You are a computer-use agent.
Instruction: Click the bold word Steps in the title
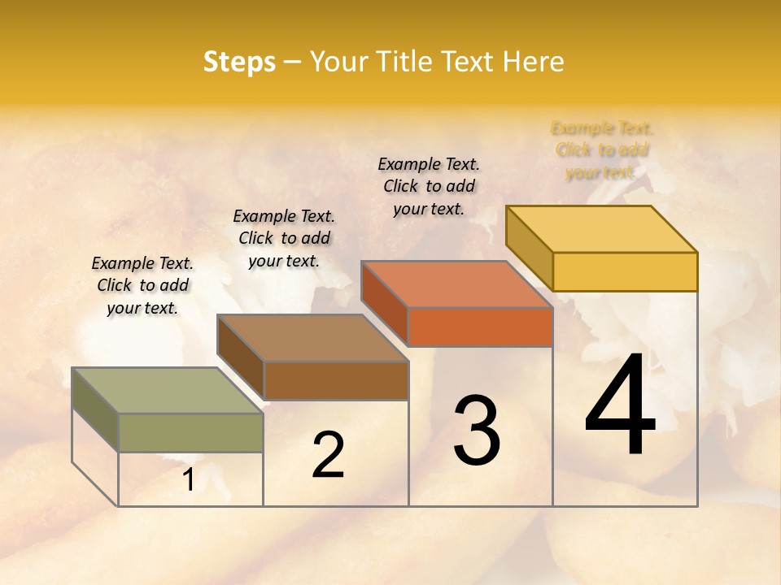click(239, 62)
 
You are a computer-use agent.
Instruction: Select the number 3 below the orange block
click(476, 430)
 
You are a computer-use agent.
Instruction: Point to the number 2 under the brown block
click(328, 455)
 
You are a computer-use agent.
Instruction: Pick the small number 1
click(188, 480)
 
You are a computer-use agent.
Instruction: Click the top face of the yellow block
click(601, 228)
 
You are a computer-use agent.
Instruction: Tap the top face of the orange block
click(456, 284)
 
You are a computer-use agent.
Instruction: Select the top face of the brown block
click(312, 337)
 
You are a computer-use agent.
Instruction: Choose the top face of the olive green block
click(167, 390)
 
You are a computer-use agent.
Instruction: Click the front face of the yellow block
click(625, 271)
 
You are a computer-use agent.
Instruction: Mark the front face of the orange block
click(480, 327)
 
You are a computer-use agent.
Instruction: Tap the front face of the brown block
click(335, 380)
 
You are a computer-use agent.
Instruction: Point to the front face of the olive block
click(190, 432)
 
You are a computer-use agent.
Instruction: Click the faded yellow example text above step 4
click(602, 150)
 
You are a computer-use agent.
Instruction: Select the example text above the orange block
click(429, 186)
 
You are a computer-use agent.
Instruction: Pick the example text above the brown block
click(284, 238)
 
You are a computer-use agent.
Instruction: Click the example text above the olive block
click(142, 285)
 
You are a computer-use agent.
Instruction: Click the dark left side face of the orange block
click(384, 303)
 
